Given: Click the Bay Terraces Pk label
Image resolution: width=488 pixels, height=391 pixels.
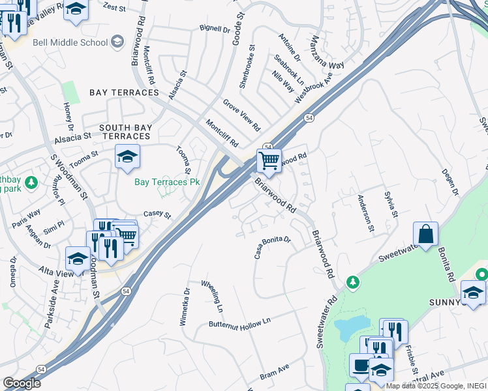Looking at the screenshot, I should [167, 182].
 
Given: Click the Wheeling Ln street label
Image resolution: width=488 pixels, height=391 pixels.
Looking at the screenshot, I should [212, 295].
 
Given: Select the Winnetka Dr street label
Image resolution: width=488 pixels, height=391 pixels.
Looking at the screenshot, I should [184, 306].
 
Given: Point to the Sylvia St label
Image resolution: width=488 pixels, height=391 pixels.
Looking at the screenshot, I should [390, 203].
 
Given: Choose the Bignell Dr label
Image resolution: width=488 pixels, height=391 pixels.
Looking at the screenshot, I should [215, 29].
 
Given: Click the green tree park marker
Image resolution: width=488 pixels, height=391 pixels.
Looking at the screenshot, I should [353, 282].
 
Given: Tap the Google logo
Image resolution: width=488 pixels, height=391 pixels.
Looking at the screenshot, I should [22, 383].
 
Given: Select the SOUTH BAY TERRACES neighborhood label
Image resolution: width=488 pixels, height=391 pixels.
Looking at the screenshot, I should [125, 131].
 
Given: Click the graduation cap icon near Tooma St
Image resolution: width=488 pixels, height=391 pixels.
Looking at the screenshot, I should [127, 156].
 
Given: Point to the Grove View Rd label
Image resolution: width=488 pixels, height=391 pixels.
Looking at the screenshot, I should [241, 115].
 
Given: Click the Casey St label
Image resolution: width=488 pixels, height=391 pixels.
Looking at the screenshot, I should [157, 214].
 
